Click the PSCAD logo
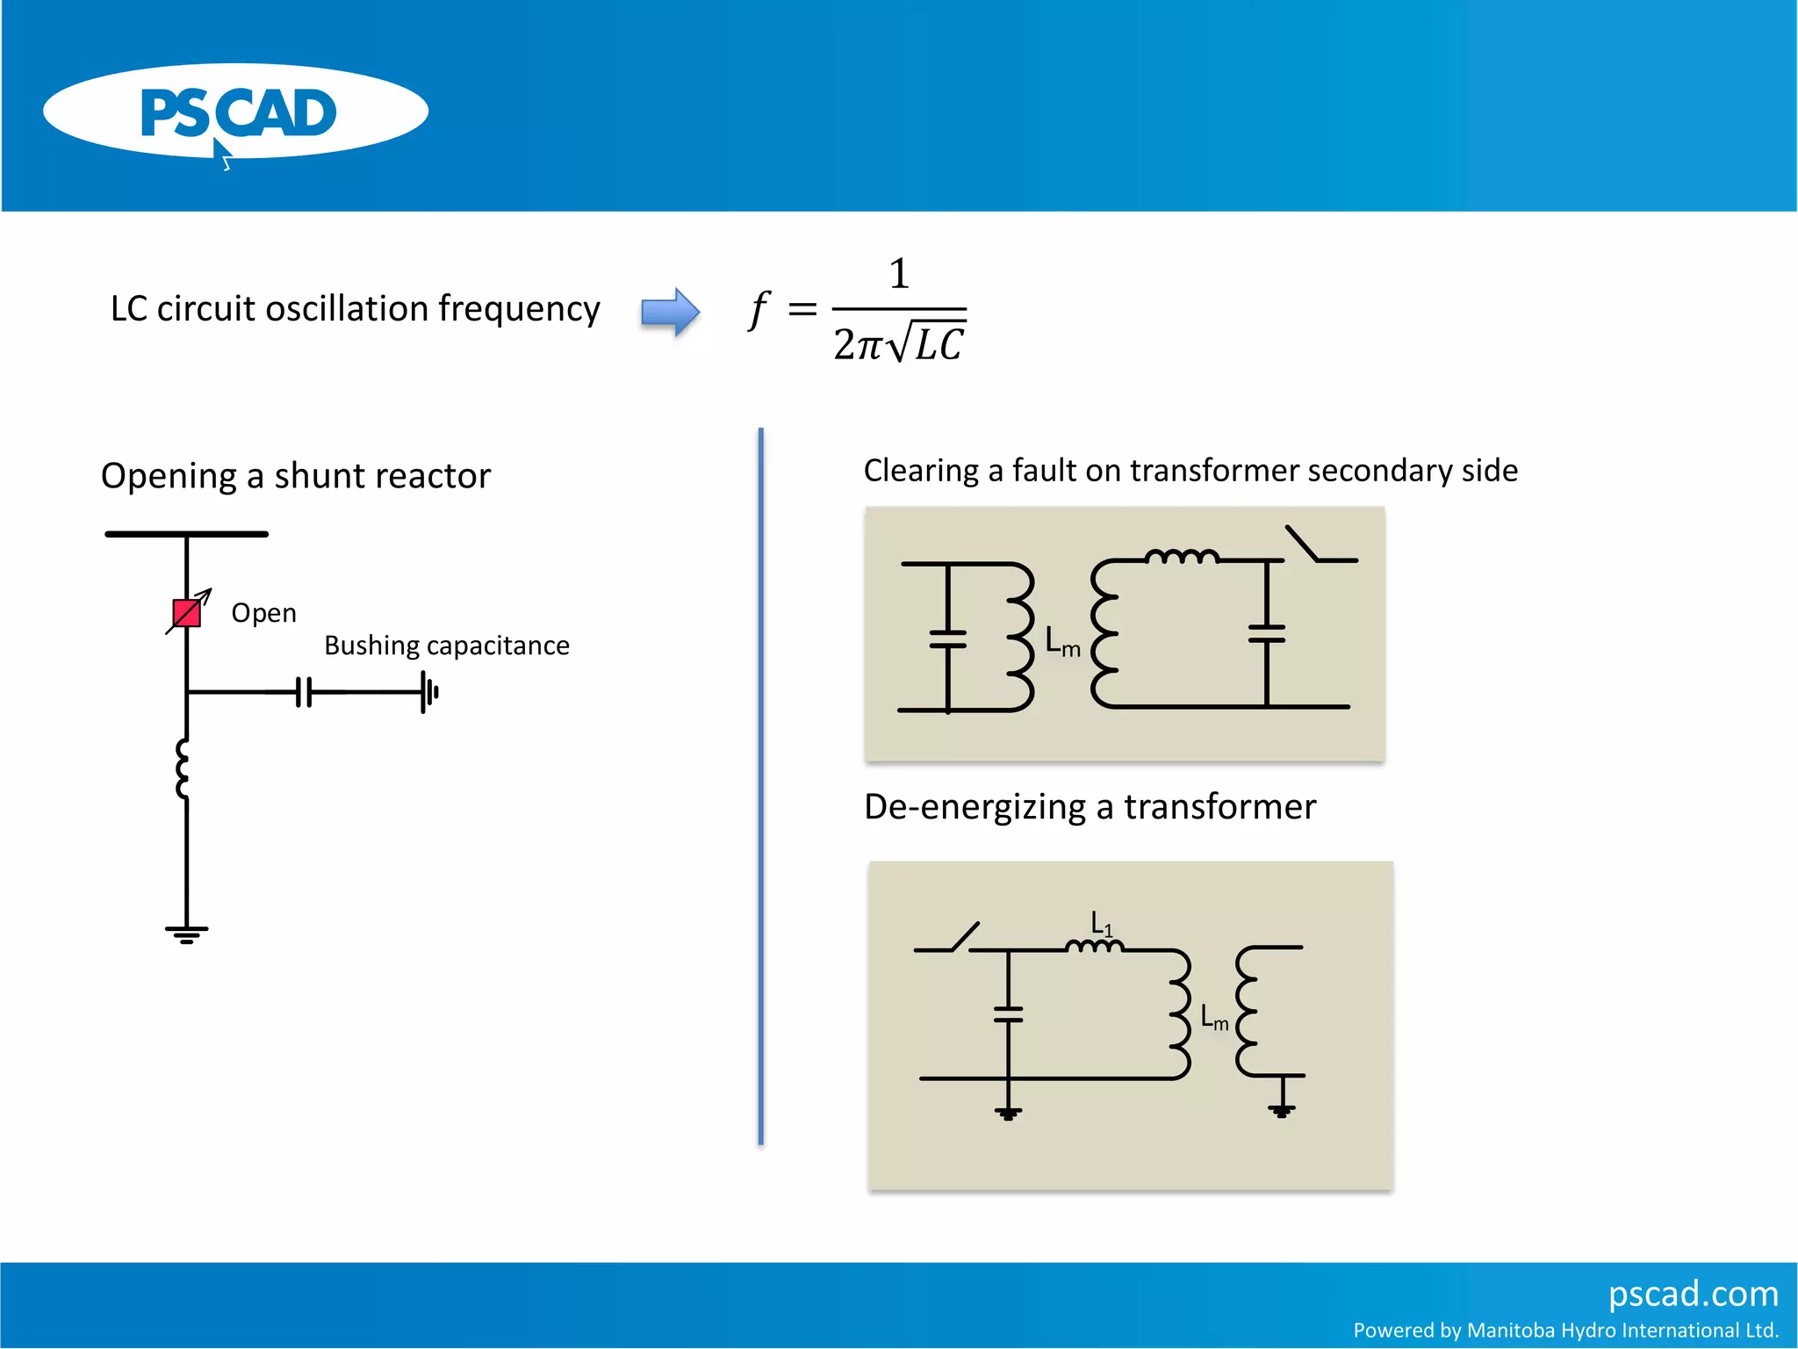[235, 112]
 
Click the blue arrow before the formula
[670, 312]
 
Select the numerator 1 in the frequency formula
[898, 274]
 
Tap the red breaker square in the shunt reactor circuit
[186, 613]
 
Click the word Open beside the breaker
[263, 613]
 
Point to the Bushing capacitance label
[446, 646]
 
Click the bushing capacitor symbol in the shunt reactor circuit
[304, 692]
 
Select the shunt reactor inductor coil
[183, 768]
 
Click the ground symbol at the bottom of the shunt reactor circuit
[186, 934]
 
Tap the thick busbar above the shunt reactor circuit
[186, 534]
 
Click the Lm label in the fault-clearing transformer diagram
[1062, 642]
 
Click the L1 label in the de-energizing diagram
[1101, 924]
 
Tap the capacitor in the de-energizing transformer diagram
[1009, 1014]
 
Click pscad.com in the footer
[1693, 1294]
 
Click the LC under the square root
[939, 345]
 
